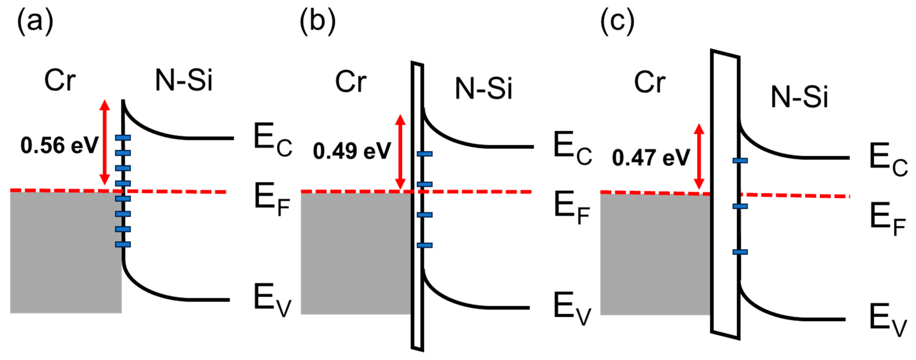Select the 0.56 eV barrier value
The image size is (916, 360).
59,146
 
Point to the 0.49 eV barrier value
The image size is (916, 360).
352,151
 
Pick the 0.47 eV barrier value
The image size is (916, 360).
651,158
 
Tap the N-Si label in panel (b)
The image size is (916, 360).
484,89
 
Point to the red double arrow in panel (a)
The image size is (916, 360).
104,142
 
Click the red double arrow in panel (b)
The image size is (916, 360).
400,152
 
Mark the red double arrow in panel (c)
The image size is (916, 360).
699,156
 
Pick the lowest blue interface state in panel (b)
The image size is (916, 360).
425,245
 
